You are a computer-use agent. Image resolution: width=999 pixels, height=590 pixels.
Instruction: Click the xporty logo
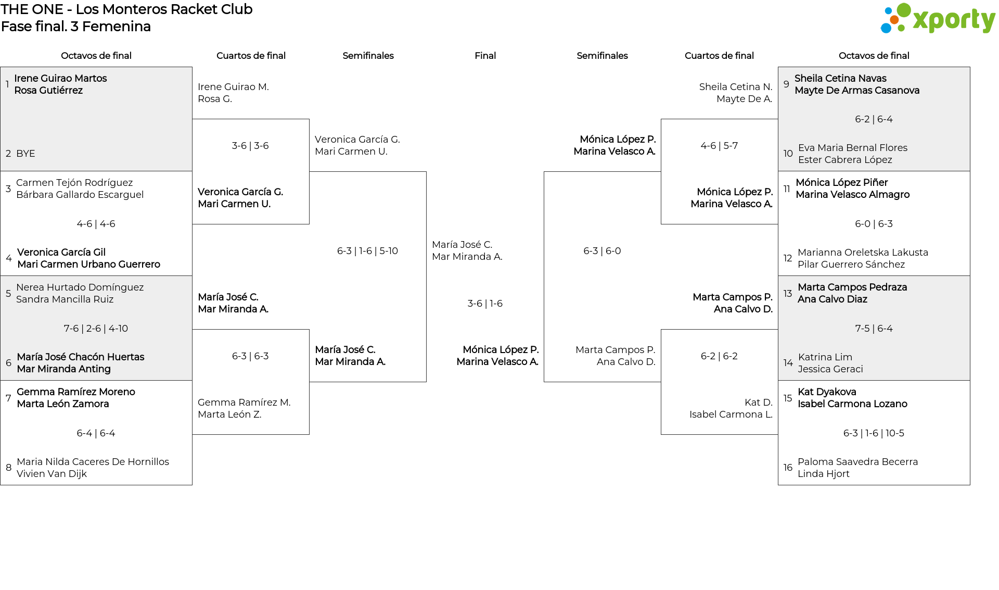(x=937, y=19)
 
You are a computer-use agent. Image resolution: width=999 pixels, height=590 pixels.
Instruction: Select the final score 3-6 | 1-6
(x=485, y=304)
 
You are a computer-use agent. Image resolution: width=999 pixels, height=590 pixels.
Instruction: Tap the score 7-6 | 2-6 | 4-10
(x=96, y=329)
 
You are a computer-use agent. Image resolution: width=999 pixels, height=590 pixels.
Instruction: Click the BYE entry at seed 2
(x=25, y=154)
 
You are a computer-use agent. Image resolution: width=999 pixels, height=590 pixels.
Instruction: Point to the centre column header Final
(x=485, y=56)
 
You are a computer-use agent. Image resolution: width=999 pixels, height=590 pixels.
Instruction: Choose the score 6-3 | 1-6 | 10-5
(x=874, y=433)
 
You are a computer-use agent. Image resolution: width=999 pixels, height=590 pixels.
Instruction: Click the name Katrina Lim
(x=825, y=357)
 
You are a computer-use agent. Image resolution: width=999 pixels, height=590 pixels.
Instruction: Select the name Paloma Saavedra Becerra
(x=857, y=462)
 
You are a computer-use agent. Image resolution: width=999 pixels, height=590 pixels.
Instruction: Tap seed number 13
(x=788, y=293)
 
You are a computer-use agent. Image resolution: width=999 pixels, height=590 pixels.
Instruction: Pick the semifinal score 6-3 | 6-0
(x=602, y=251)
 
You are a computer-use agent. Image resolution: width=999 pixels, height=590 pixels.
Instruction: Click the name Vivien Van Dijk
(x=52, y=474)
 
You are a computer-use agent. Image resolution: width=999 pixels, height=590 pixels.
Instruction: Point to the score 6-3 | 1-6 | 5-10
(x=367, y=251)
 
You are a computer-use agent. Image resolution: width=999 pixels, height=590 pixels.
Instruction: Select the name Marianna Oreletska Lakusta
(x=863, y=253)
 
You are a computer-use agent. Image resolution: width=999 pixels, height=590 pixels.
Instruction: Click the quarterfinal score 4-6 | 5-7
(x=719, y=146)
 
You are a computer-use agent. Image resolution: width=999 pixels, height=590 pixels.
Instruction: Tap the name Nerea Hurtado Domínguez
(x=80, y=287)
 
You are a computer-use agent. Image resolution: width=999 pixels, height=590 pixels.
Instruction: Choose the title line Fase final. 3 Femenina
(x=76, y=27)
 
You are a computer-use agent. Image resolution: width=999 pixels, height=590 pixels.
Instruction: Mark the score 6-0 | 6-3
(x=874, y=224)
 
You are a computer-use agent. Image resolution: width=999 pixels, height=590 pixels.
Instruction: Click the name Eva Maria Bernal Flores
(x=853, y=148)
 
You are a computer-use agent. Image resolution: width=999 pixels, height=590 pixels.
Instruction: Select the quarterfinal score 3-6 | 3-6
(x=250, y=146)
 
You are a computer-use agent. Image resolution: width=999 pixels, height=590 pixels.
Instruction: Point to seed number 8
(x=8, y=468)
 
